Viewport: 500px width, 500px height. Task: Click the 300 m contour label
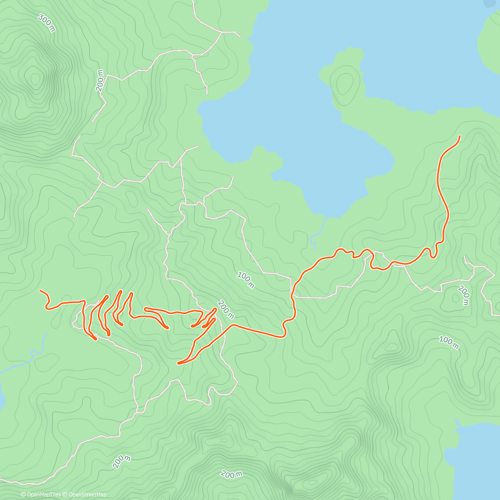click(46, 23)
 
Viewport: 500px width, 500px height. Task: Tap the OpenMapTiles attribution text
click(41, 495)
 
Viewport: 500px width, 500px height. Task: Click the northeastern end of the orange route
click(460, 136)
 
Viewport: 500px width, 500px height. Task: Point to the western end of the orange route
click(40, 290)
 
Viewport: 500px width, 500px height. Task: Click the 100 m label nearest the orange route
click(245, 280)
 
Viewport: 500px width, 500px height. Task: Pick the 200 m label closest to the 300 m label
click(100, 80)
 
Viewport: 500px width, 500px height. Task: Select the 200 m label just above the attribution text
click(122, 462)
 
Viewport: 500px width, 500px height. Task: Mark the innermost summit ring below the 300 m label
click(34, 77)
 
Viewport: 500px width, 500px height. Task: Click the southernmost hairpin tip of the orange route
click(179, 363)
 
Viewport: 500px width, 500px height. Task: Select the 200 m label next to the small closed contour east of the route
click(463, 295)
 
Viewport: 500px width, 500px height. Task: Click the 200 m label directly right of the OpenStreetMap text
click(232, 474)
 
